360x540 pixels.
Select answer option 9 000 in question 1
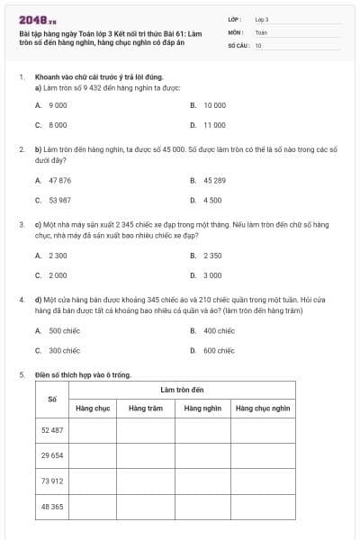58,105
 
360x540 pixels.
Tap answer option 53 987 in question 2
59,200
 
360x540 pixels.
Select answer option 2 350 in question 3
212,256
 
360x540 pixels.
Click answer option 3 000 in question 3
212,275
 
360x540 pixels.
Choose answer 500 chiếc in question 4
64,330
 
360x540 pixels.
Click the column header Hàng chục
93,409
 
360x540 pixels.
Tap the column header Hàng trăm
146,409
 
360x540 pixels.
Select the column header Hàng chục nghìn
263,409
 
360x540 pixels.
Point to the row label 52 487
52,430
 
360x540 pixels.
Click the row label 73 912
52,481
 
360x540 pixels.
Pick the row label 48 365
52,507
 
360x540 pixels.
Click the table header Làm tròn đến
183,389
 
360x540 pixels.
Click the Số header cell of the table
52,399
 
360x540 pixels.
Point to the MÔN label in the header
236,31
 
